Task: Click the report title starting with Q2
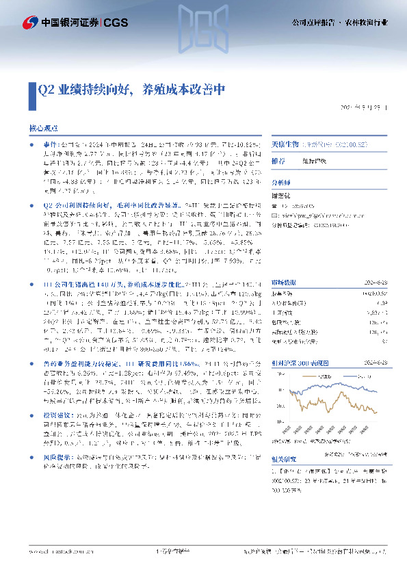pos(130,90)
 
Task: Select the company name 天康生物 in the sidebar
pos(285,145)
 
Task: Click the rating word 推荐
pos(278,160)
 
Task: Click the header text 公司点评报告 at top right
pos(313,23)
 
